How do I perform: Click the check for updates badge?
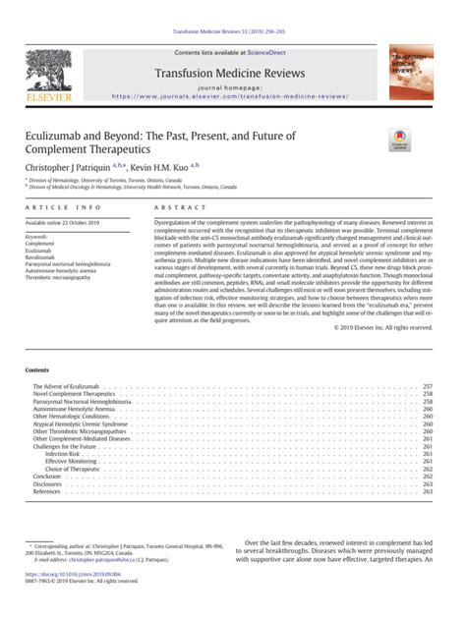coord(401,139)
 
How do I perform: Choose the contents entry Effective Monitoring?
coord(72,461)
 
